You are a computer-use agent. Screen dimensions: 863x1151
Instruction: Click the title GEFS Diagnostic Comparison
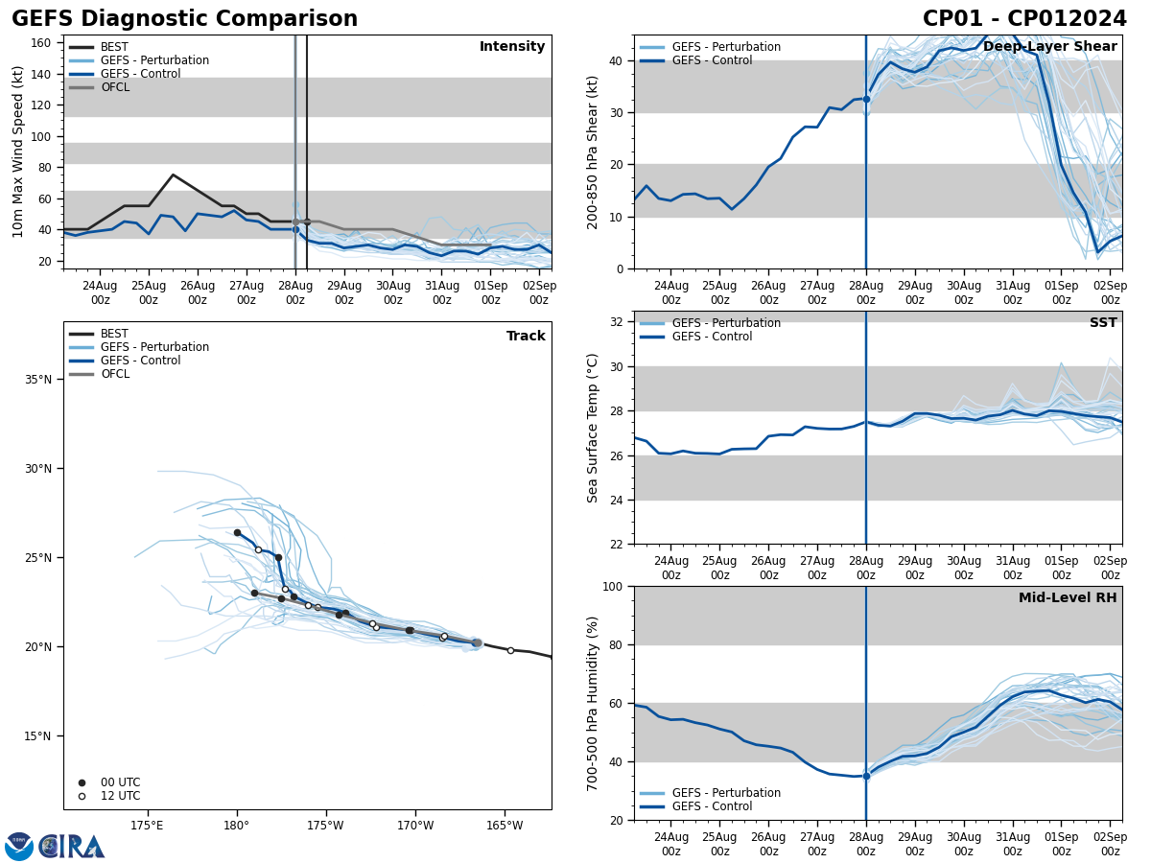pos(184,19)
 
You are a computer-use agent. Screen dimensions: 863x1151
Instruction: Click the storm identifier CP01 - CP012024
pos(1024,19)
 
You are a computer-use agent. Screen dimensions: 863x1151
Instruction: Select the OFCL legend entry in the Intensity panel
pos(114,87)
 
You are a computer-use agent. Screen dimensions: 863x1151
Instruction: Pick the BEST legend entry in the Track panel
pos(114,335)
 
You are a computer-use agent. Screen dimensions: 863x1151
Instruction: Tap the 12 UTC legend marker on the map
pos(82,796)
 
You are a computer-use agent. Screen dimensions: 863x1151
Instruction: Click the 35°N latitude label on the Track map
pos(38,380)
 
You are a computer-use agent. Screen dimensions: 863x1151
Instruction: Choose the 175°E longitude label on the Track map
pos(147,825)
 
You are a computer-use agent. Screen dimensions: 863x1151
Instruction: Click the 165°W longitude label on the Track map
pos(505,825)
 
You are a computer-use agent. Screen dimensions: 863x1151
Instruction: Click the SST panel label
pos(1103,323)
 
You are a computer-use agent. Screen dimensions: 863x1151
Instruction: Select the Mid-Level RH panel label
pos(1068,598)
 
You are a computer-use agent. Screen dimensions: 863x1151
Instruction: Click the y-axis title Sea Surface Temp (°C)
pos(593,428)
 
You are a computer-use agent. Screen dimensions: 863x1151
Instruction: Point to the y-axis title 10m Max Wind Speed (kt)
pos(19,152)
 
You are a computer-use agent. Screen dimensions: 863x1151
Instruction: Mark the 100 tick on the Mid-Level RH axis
pos(615,586)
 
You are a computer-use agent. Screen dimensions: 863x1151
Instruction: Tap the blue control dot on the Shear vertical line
pos(866,99)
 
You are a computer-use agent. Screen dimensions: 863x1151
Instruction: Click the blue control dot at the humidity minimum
pos(866,776)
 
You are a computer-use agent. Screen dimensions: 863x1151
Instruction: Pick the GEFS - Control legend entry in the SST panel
pos(712,337)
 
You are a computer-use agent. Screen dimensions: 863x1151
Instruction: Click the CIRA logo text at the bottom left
pos(72,847)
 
